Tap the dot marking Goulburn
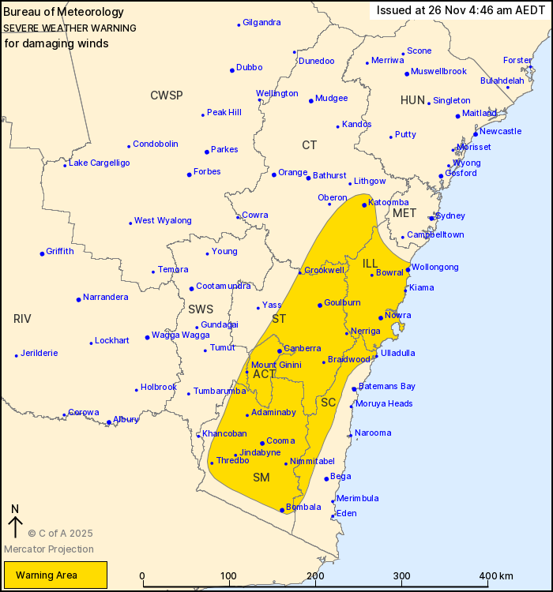click(x=320, y=305)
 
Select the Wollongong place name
click(x=434, y=267)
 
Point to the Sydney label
click(x=450, y=215)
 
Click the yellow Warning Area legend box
click(x=55, y=575)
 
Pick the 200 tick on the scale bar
click(x=316, y=585)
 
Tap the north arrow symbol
click(x=15, y=523)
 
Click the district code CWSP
click(x=167, y=96)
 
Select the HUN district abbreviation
click(x=412, y=100)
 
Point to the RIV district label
click(x=22, y=319)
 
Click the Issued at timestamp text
click(x=461, y=10)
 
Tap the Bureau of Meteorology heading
click(x=64, y=12)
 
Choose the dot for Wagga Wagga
click(x=147, y=338)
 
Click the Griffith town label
click(x=60, y=251)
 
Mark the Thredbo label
click(x=232, y=460)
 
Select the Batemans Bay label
click(x=387, y=386)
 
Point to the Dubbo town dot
click(x=232, y=70)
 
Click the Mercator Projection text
click(x=48, y=549)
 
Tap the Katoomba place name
click(x=389, y=202)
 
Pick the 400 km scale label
click(x=497, y=575)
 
